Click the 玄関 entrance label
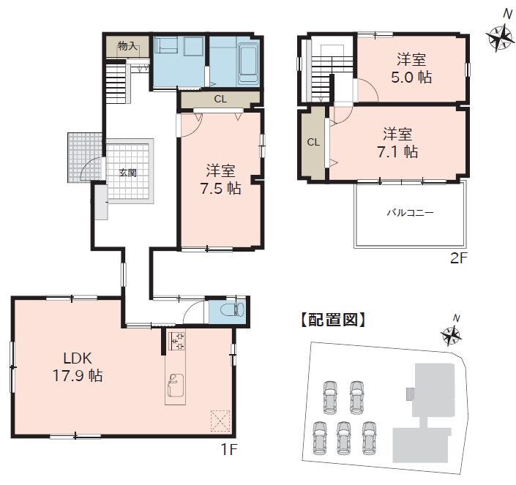[127, 173]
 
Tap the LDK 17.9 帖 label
[78, 366]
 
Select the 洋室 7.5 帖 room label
[221, 180]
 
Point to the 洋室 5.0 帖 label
[411, 68]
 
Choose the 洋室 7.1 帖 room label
[397, 143]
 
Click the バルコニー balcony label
[410, 212]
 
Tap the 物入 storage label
[127, 45]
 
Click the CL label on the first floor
[220, 99]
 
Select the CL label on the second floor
[313, 143]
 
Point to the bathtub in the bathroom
[248, 63]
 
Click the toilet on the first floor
[233, 309]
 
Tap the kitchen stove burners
[177, 341]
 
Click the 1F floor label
[228, 449]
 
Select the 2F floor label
[458, 258]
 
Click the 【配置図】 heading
[332, 319]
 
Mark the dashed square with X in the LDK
[220, 420]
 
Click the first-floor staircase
[116, 83]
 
